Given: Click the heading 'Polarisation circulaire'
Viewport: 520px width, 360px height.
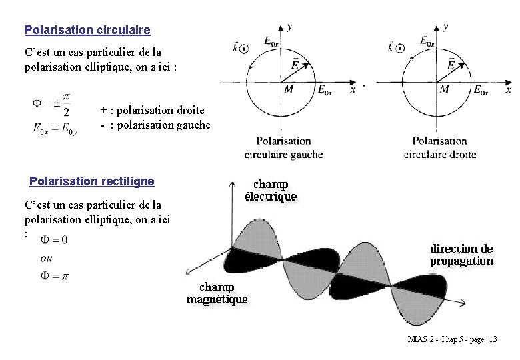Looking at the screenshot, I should click(87, 30).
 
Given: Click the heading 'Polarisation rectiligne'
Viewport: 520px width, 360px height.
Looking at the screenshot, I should click(92, 181).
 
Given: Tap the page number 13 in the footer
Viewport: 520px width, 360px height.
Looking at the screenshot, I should click(493, 339).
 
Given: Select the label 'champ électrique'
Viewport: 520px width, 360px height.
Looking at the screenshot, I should click(271, 190).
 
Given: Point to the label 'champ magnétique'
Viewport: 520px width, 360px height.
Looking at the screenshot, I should click(217, 293).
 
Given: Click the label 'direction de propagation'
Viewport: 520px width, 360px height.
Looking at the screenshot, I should click(461, 255).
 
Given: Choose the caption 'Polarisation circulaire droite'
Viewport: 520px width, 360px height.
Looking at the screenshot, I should click(439, 147).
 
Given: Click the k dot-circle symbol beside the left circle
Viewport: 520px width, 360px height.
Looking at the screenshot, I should click(245, 48).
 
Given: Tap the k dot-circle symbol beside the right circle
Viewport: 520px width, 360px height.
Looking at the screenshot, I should click(399, 48).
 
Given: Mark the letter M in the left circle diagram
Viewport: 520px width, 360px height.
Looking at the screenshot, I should click(289, 89).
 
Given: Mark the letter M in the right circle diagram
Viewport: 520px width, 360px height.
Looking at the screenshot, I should click(444, 89).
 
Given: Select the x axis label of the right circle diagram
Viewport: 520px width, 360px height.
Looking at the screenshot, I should click(509, 89).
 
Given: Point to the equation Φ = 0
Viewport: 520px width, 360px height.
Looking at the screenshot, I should click(54, 239).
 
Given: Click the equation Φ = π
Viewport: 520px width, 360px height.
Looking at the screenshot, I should click(55, 276).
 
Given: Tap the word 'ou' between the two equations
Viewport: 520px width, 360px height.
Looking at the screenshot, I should click(47, 258).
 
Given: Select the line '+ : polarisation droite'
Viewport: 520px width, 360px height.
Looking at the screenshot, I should click(152, 110).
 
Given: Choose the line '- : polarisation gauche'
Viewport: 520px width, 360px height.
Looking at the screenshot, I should click(155, 125).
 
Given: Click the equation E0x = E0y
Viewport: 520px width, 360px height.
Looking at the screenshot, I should click(55, 129).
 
